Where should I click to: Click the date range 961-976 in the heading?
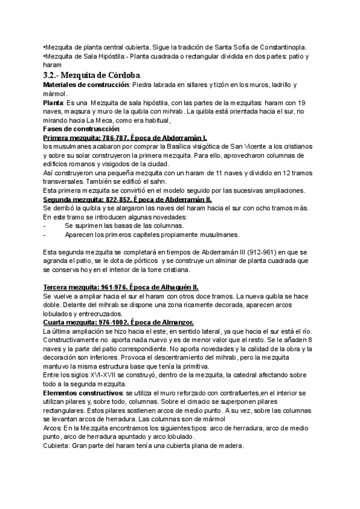[111, 288]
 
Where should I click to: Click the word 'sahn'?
[155, 181]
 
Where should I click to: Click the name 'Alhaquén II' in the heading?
[179, 288]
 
